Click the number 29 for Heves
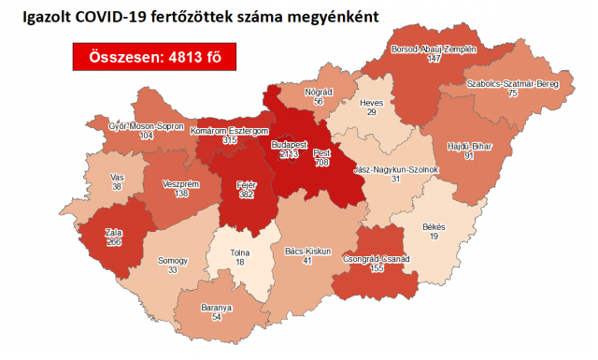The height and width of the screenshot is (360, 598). click(x=372, y=111)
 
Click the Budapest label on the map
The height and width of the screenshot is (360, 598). click(x=290, y=145)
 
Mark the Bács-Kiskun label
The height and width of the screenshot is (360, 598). click(x=306, y=252)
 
